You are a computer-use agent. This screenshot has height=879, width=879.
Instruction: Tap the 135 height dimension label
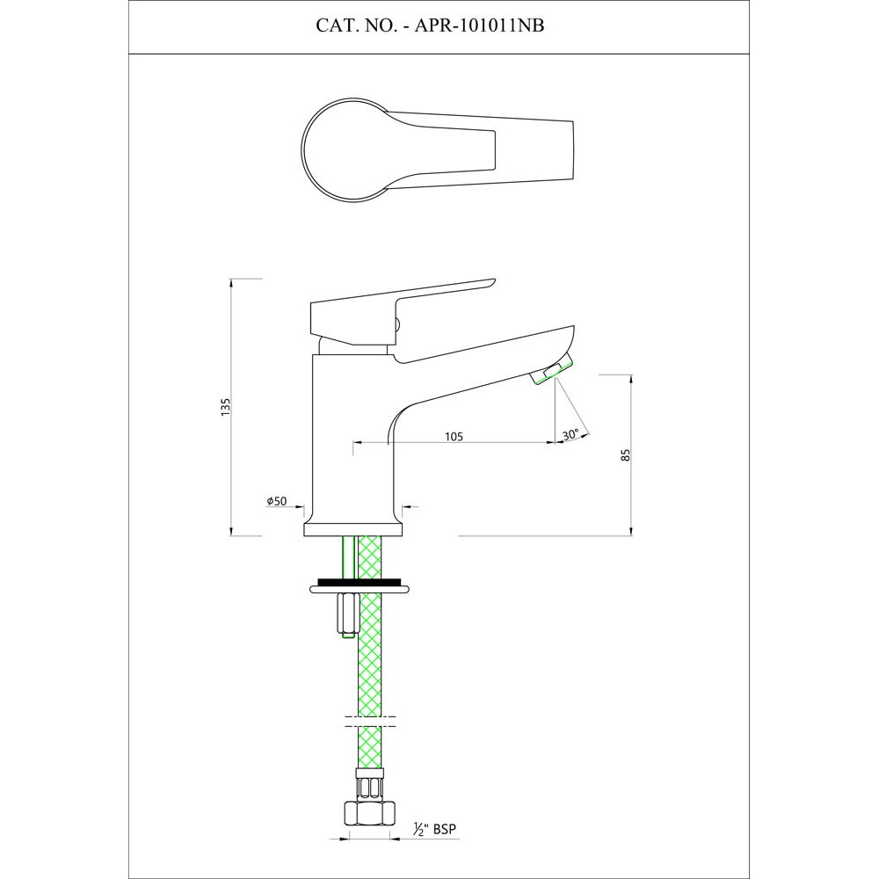225,406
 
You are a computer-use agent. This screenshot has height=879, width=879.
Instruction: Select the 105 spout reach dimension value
454,436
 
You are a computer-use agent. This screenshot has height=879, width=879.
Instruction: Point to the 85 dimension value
625,454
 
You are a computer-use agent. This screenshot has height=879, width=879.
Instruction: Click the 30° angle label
570,434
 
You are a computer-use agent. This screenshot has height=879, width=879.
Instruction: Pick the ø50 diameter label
278,501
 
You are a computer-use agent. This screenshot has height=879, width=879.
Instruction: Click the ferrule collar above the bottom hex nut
368,780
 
